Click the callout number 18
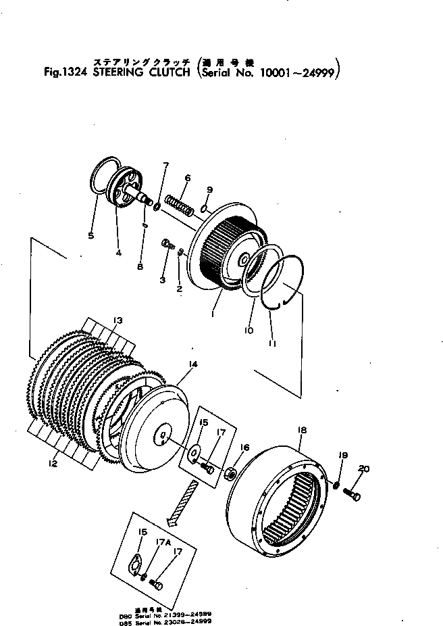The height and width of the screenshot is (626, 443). [x=302, y=429]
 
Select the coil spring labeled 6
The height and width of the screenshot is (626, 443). [x=182, y=202]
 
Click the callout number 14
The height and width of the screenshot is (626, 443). [x=193, y=364]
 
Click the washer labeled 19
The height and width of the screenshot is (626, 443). [x=336, y=484]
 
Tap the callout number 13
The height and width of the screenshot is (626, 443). [x=118, y=320]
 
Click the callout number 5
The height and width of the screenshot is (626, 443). [x=90, y=235]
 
